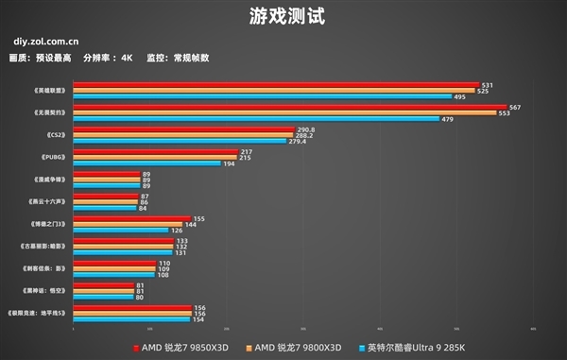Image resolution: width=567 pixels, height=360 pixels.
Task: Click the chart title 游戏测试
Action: pos(283,16)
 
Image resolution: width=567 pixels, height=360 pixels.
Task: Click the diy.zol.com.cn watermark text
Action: pos(46,42)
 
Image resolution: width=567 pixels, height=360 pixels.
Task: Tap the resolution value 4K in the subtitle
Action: pos(127,58)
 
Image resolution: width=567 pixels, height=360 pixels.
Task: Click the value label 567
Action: pos(514,107)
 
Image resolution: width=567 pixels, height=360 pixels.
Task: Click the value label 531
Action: pos(487,85)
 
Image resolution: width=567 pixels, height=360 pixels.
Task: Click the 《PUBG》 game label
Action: pos(53,157)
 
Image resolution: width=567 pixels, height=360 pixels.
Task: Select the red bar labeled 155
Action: pos(131,218)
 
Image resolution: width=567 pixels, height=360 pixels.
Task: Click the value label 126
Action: pos(176,231)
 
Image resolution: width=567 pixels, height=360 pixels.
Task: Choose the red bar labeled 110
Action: pos(114,263)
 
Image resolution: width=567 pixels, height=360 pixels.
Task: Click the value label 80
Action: pos(140,297)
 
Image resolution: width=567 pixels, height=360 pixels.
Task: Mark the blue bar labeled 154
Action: pos(131,318)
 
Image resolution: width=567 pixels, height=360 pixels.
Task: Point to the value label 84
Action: pos(143,208)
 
